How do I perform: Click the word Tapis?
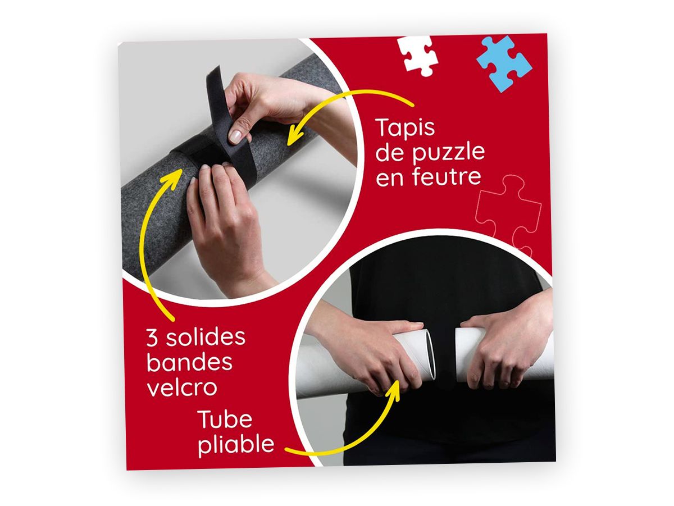pyautogui.click(x=405, y=128)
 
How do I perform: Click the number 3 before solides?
pyautogui.click(x=152, y=337)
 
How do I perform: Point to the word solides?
pyautogui.click(x=206, y=336)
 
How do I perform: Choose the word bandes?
pyautogui.click(x=189, y=362)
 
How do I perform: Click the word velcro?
pyautogui.click(x=182, y=387)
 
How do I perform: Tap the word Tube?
pyautogui.click(x=225, y=419)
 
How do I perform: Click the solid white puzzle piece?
pyautogui.click(x=418, y=55)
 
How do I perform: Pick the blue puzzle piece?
pyautogui.click(x=504, y=63)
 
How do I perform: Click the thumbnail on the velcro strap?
pyautogui.click(x=235, y=136)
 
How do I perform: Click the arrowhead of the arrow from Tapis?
pyautogui.click(x=294, y=135)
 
